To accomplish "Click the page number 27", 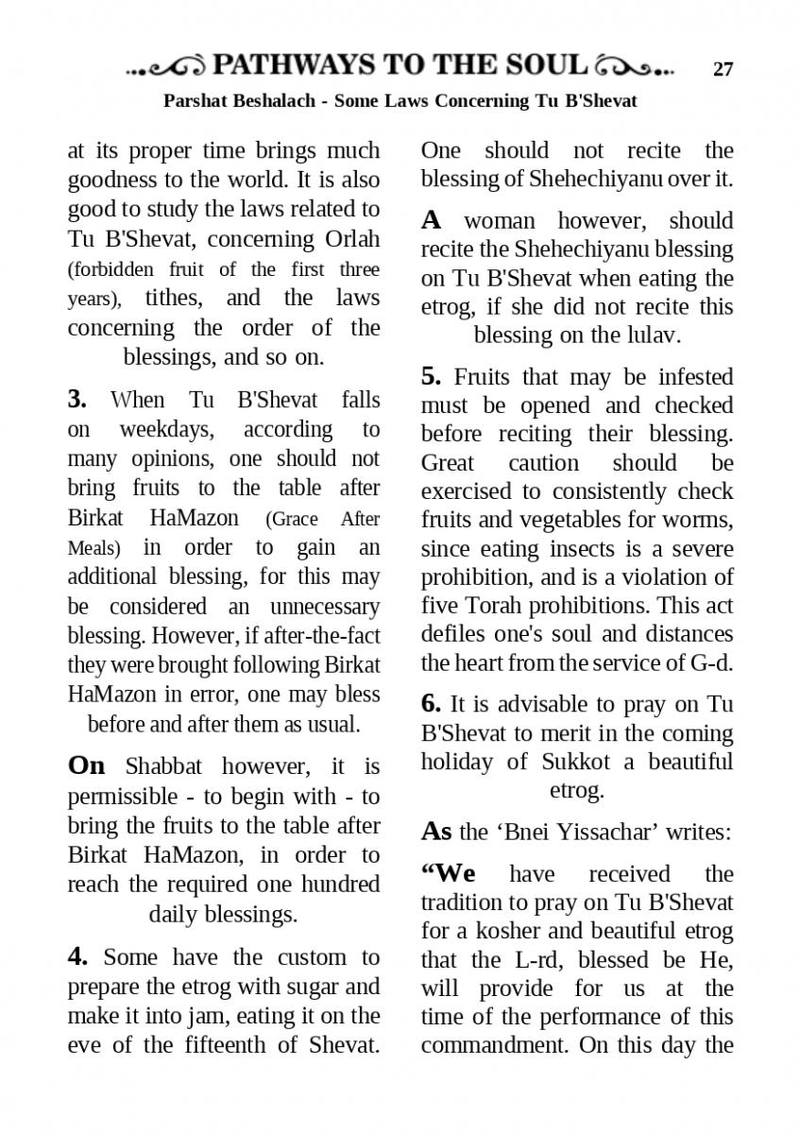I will tap(722, 68).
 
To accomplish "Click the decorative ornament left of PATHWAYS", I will tap(166, 67).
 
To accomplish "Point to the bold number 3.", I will tap(77, 399).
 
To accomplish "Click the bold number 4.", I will tap(77, 956).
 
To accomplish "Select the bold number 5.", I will tap(431, 376).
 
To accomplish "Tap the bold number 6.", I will tap(431, 703).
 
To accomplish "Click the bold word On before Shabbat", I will tap(87, 765).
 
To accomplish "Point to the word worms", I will tap(700, 520).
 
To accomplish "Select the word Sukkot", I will tap(576, 762).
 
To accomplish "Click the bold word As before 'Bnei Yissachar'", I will tap(436, 832).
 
